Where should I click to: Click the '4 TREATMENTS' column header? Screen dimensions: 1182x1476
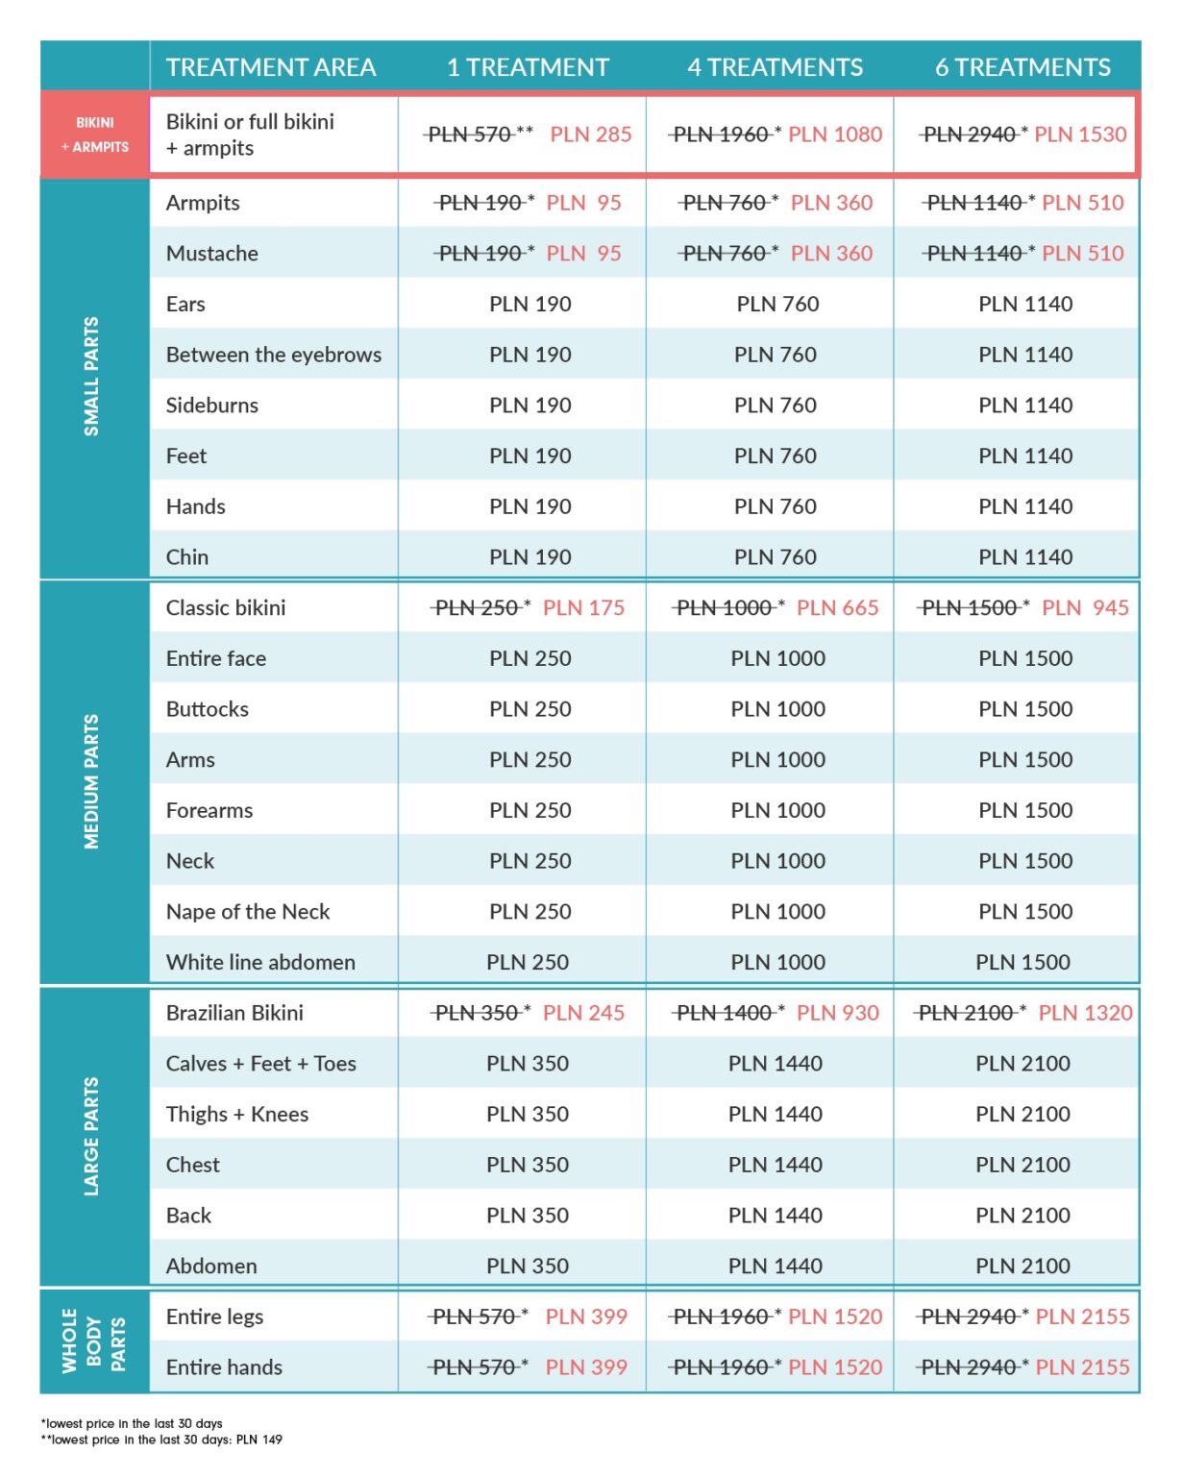click(x=775, y=67)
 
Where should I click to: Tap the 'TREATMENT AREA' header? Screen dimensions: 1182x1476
click(x=271, y=67)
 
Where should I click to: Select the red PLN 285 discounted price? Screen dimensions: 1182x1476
click(x=591, y=135)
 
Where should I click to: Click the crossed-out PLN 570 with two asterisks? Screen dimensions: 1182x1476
click(x=479, y=135)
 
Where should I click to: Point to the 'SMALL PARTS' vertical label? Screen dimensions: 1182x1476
click(x=91, y=376)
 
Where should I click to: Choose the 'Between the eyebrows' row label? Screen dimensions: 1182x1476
click(x=274, y=355)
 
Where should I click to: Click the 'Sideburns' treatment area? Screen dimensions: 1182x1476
click(x=212, y=406)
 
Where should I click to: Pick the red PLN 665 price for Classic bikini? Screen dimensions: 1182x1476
click(x=837, y=607)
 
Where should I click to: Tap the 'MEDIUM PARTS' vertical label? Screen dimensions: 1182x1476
click(x=91, y=781)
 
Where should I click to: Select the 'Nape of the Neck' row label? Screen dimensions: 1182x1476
click(x=248, y=912)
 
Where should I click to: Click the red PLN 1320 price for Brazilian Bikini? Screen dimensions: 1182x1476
click(x=1085, y=1013)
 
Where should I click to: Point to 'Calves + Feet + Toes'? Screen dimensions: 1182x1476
click(x=260, y=1064)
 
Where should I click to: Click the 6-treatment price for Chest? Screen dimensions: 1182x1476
click(x=1022, y=1165)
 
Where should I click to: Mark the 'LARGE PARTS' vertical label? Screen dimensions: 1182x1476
click(x=91, y=1137)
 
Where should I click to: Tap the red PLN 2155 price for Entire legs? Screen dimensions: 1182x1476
click(x=1082, y=1316)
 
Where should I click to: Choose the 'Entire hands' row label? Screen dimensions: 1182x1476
click(x=224, y=1367)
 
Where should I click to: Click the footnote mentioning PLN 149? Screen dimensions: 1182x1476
click(x=161, y=1439)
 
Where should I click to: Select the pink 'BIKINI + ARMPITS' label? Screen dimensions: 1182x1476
click(x=95, y=135)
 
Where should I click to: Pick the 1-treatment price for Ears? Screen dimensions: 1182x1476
click(x=530, y=304)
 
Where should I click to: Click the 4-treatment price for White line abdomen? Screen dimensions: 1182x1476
click(x=778, y=962)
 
